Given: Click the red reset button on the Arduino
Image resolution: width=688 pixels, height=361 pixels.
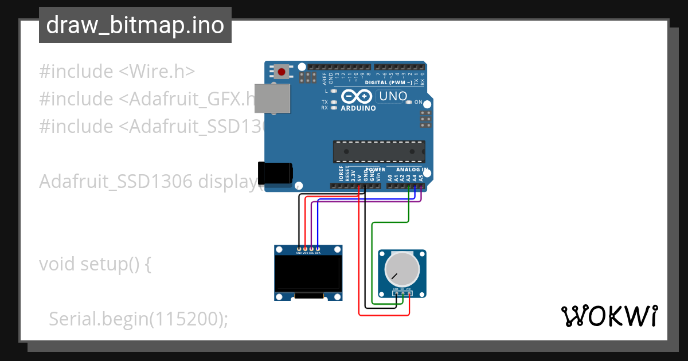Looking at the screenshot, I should [x=282, y=72].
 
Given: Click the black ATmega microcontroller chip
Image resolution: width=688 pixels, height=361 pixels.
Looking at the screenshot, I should [x=379, y=151].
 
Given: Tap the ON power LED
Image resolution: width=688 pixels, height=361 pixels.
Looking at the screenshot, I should [x=409, y=103].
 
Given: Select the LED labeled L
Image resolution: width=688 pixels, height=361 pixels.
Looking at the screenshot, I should [x=334, y=91].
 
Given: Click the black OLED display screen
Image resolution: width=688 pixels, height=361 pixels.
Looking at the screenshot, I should [x=308, y=273].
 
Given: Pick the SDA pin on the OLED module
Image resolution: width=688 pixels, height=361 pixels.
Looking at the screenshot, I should [x=318, y=249].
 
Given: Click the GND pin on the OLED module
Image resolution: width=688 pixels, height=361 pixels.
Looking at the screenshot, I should [x=299, y=249].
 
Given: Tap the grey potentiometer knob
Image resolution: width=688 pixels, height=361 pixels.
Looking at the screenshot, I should [x=401, y=268].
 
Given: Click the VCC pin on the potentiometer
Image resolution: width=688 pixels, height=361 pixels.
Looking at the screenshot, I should [x=409, y=293].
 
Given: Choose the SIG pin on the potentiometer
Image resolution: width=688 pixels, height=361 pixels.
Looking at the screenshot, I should [x=402, y=293].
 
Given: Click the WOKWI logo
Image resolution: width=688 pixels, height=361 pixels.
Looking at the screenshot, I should [x=609, y=316].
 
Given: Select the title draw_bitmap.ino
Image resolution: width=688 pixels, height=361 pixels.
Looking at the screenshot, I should [x=135, y=25].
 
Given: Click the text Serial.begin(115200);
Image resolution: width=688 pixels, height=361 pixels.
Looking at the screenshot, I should [x=138, y=319].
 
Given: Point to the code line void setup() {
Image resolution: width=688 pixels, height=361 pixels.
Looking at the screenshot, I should [x=95, y=264].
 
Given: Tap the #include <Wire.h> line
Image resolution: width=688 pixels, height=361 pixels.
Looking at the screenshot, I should [x=117, y=72].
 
